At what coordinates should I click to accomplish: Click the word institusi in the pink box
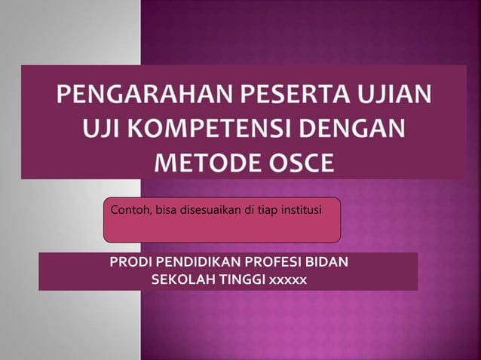(x=299, y=209)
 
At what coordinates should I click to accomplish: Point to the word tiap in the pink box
(x=265, y=209)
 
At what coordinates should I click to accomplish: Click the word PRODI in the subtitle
(x=129, y=263)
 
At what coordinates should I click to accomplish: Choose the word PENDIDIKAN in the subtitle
(x=191, y=263)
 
